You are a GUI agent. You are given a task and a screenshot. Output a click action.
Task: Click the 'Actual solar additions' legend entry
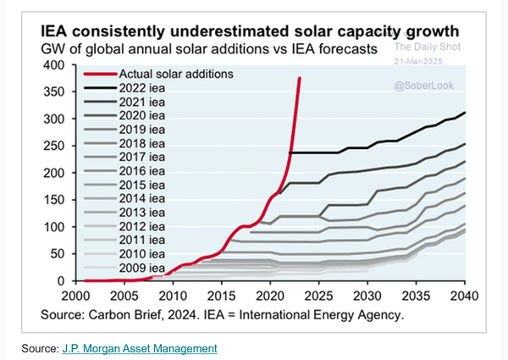pos(177,74)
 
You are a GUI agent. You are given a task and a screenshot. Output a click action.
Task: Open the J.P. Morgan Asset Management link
pos(139,348)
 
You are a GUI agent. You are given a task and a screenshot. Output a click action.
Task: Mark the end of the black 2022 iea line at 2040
pos(464,113)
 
